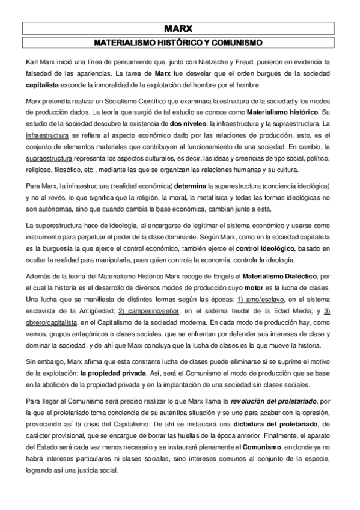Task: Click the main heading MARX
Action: point(180,28)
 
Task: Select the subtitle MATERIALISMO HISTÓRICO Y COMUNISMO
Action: point(180,43)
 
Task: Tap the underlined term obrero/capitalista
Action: point(52,323)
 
